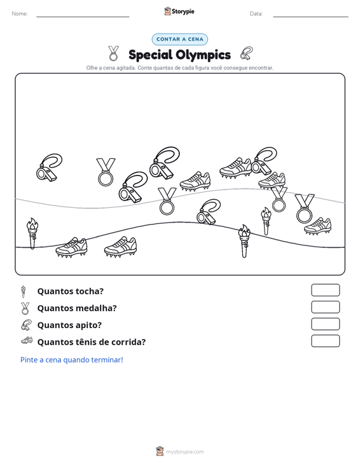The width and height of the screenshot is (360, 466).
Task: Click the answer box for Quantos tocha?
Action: coord(325,290)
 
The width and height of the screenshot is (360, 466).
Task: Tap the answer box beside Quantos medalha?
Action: coord(325,307)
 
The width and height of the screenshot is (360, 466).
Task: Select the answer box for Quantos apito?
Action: coord(325,324)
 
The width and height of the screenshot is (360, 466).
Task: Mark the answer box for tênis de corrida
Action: coord(325,341)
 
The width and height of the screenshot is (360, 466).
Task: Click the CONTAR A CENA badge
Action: coord(179,39)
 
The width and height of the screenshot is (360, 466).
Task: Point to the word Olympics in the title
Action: coord(203,55)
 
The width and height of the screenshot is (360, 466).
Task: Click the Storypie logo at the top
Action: coord(179,11)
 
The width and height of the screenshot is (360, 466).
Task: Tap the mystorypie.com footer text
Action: coord(184,452)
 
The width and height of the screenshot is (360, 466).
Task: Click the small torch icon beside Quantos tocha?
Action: coord(23,292)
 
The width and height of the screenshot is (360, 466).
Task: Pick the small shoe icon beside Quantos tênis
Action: coord(27,341)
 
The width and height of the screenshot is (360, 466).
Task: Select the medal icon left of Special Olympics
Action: coord(113,53)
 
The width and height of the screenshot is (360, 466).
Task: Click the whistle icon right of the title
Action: coord(246,53)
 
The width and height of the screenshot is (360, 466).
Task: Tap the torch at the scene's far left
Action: coord(32,233)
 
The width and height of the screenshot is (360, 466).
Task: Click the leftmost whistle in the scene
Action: coord(49,167)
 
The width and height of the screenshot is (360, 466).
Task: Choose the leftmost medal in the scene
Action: coord(106,172)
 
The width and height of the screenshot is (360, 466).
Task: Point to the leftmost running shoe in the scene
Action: coord(71,247)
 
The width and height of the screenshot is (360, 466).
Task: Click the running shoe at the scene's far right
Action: coord(317,226)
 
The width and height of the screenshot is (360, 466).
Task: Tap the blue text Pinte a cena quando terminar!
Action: coord(72,360)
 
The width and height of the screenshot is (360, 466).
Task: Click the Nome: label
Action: coord(20,14)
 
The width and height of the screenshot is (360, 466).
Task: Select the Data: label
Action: coord(256,14)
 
